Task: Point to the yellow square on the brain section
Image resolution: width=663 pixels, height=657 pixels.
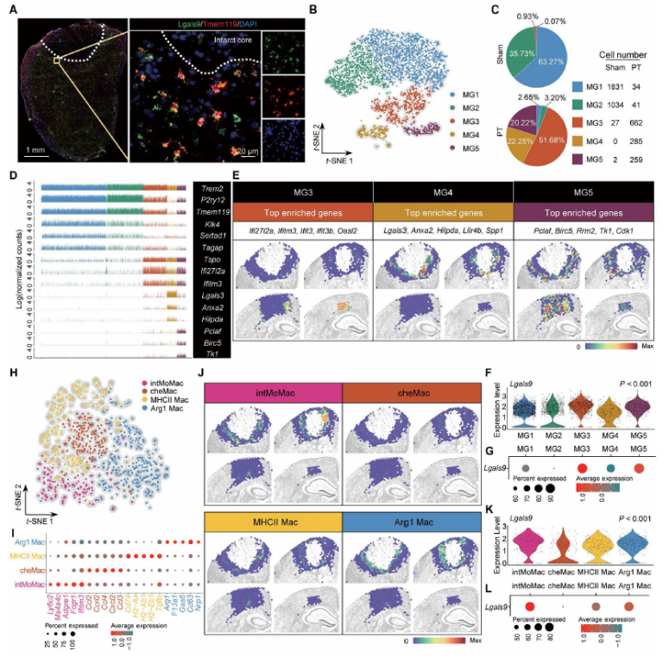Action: coord(57,61)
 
